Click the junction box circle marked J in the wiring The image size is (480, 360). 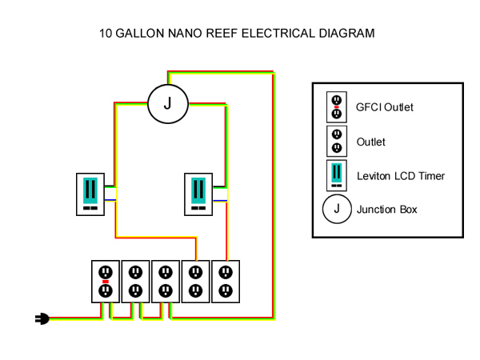click(x=167, y=103)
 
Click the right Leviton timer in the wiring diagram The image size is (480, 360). click(x=197, y=194)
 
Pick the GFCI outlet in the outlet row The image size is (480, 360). click(x=105, y=280)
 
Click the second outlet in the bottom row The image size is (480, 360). click(x=135, y=280)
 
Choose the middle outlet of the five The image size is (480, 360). click(x=166, y=280)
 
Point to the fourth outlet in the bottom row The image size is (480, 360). click(x=196, y=280)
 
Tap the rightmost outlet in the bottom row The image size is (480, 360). click(x=226, y=280)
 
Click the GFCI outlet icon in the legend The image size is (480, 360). click(x=337, y=107)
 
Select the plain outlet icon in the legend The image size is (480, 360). click(x=337, y=142)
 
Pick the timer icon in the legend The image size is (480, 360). click(x=337, y=175)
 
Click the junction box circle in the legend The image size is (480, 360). click(x=336, y=210)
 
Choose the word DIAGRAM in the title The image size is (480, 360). click(x=346, y=34)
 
